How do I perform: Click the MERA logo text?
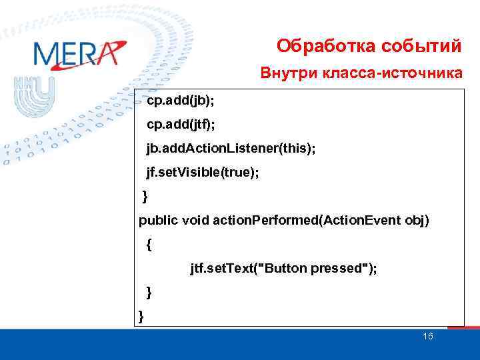(x=79, y=53)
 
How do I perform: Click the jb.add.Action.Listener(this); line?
(x=231, y=148)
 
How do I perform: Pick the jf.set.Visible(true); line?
(x=203, y=172)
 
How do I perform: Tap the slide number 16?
(x=428, y=337)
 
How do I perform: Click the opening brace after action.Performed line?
(x=148, y=245)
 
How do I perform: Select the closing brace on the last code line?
(x=141, y=315)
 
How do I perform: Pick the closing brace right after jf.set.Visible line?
(x=146, y=196)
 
